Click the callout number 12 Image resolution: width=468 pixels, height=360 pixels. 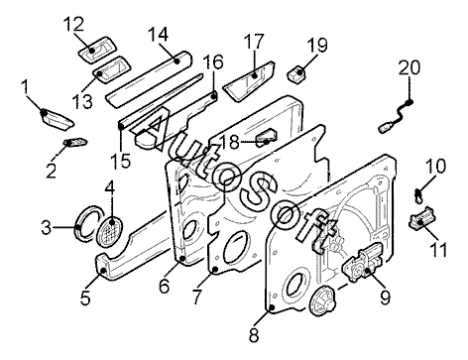click(73, 24)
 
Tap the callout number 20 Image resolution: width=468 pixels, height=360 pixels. click(409, 67)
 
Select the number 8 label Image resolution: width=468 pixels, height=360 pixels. click(254, 335)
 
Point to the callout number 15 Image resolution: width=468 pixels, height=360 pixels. click(121, 161)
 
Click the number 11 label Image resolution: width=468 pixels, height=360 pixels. click(438, 249)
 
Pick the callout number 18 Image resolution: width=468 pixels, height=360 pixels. click(229, 142)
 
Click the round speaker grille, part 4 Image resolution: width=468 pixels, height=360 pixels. click(110, 230)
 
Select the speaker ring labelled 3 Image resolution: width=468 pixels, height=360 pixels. click(86, 223)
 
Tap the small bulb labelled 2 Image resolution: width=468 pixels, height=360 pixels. click(75, 143)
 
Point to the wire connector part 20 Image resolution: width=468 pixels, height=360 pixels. click(396, 116)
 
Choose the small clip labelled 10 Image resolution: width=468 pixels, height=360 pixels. click(418, 195)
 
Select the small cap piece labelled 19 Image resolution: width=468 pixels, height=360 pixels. click(296, 75)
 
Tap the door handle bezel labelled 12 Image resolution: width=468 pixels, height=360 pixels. click(98, 50)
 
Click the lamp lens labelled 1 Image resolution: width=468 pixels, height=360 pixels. click(57, 118)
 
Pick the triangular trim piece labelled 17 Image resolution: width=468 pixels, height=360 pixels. click(249, 80)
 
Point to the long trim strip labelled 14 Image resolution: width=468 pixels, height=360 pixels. click(149, 79)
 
